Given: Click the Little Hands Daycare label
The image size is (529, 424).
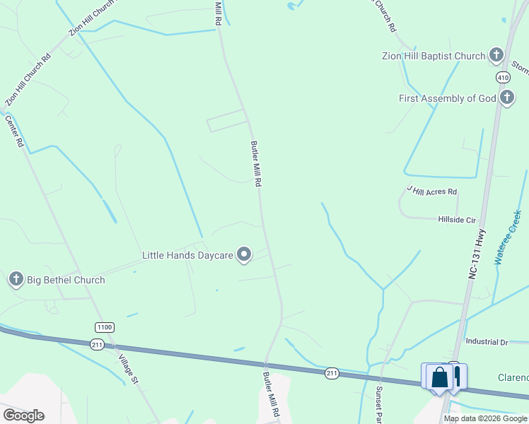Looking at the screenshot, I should coord(187,255).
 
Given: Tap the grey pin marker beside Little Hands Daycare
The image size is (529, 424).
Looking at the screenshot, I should coord(244,254).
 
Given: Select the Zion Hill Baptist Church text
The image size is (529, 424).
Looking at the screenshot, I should coord(433,56).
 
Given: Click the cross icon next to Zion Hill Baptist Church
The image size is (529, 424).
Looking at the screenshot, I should coord(496,55).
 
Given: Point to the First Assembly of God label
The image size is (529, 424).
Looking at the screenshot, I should coord(447,98).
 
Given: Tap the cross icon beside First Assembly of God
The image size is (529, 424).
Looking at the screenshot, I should coord(506,98).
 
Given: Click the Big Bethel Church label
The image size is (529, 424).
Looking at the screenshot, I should coord(66,280).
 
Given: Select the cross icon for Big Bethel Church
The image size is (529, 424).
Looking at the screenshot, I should coord(16,280).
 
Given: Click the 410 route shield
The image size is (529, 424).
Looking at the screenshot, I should coord(503,76).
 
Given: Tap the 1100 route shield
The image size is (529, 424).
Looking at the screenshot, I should coord(104,326).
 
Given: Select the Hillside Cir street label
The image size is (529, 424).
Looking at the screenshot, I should coord(457,220).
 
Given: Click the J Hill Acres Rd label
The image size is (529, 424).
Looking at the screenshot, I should coord(432,191).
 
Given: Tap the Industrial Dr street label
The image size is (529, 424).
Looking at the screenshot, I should coord(487,342).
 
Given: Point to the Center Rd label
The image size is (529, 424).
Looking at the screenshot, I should coord(14,131).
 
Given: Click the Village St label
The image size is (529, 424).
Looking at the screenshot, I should coord(128,368).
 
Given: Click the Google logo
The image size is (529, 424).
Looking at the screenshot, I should coord(23,416).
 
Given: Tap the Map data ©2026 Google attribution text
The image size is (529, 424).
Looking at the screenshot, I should coord(484,418).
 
